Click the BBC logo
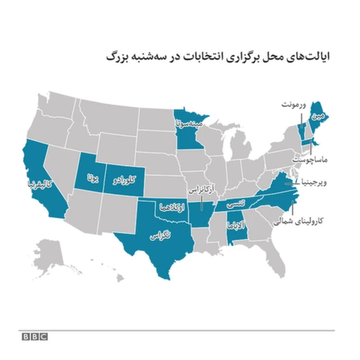point(34,336)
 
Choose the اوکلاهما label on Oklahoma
point(170,205)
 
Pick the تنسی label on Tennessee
point(233,206)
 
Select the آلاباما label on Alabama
point(236,228)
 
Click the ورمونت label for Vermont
point(295,105)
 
